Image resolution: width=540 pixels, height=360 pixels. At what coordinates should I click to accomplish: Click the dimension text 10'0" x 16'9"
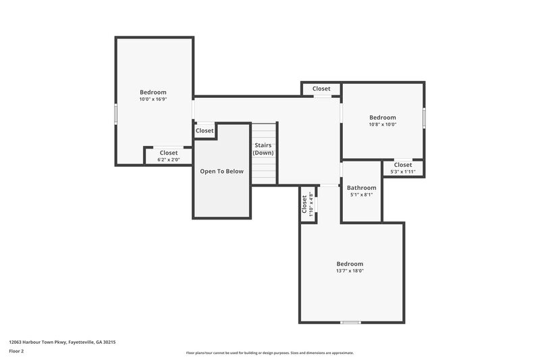tap(153, 99)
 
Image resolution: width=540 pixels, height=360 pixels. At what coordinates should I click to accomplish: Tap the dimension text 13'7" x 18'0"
tap(350, 271)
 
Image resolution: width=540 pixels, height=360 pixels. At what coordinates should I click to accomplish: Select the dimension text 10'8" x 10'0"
tap(382, 124)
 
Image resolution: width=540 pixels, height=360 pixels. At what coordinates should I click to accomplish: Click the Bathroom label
tap(361, 188)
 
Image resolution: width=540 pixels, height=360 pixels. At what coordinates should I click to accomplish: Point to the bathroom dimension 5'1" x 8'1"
tap(361, 195)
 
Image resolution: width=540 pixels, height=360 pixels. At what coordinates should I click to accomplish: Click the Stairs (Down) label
tap(263, 149)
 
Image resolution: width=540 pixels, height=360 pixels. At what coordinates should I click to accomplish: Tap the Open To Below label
tap(221, 172)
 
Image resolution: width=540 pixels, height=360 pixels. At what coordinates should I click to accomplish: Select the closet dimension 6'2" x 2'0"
tap(168, 160)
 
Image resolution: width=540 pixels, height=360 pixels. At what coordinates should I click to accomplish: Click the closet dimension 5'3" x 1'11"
tap(402, 172)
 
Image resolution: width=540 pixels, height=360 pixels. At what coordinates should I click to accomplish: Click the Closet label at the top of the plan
tap(321, 88)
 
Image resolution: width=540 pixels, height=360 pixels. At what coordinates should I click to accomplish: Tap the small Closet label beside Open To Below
tap(205, 131)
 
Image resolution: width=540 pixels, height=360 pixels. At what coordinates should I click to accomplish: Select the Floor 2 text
tap(17, 351)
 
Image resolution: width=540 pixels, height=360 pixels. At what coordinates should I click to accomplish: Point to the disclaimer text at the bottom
tap(269, 353)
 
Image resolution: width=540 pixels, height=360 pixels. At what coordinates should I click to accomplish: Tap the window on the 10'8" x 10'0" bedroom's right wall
tap(424, 118)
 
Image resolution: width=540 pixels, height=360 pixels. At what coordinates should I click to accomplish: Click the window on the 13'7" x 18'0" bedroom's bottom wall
tap(350, 322)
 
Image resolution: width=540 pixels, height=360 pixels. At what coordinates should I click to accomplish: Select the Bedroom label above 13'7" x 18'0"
tap(350, 263)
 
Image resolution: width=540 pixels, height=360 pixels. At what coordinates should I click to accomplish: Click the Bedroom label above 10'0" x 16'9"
tap(153, 93)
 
